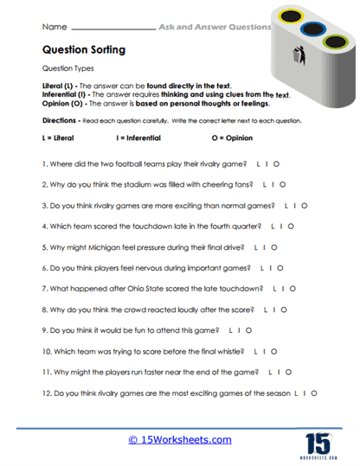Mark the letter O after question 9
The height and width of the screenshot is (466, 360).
(250, 329)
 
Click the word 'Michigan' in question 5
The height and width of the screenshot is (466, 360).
(100, 246)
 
